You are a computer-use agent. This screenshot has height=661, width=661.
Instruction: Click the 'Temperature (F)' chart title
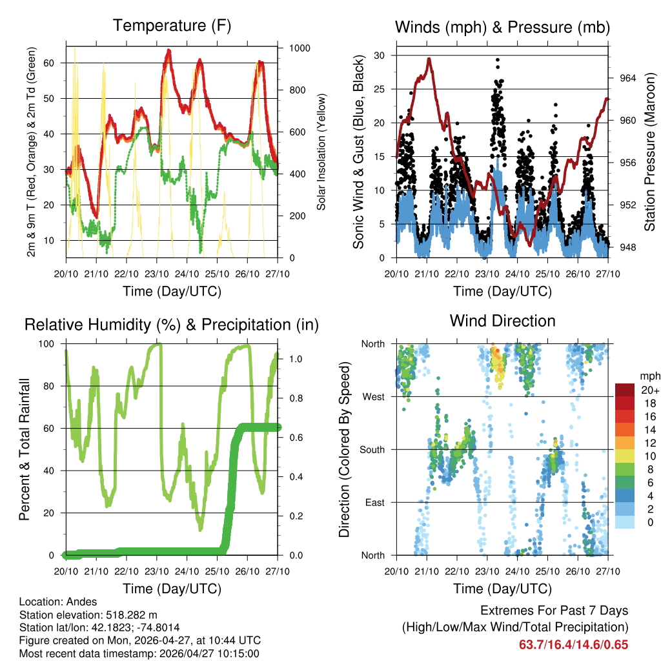(172, 26)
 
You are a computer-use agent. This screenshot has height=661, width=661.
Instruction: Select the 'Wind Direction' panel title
(502, 321)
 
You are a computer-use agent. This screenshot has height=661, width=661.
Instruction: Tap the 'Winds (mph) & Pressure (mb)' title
(502, 27)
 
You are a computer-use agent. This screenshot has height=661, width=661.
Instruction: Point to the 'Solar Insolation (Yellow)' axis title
(321, 152)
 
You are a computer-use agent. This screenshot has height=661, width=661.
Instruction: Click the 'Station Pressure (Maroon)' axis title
(650, 152)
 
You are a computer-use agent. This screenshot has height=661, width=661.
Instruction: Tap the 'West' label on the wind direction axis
(373, 397)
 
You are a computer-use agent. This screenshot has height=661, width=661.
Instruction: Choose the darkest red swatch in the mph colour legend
(624, 390)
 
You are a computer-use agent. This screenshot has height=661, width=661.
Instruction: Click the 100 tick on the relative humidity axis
(53, 344)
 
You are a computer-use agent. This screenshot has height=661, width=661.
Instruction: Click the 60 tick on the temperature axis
(54, 63)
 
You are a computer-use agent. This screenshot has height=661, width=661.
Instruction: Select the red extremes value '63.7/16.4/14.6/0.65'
(573, 644)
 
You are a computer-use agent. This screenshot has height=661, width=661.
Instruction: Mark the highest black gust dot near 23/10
(497, 59)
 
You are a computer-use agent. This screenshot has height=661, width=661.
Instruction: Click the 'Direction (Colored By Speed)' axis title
(345, 450)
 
